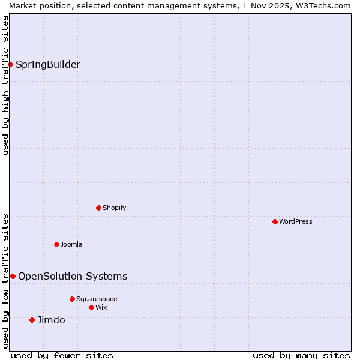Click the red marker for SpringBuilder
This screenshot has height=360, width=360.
click(10, 64)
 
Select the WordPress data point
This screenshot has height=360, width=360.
click(275, 221)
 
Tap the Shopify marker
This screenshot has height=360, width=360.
click(98, 208)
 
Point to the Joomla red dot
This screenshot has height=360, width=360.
click(56, 244)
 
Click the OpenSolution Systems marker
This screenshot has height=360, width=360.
click(13, 276)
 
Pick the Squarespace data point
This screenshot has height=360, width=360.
click(72, 299)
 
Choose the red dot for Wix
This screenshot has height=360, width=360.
click(91, 307)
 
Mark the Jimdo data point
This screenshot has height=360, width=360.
click(32, 320)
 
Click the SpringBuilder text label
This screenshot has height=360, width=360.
click(47, 65)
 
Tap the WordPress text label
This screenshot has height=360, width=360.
click(296, 221)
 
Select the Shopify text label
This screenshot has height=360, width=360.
click(114, 208)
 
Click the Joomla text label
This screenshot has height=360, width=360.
click(71, 244)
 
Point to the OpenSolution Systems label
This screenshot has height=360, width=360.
click(73, 276)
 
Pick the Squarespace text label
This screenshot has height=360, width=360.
click(97, 299)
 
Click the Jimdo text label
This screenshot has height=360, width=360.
click(51, 320)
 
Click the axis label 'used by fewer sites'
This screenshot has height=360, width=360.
click(62, 355)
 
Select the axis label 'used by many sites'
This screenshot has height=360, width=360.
click(301, 355)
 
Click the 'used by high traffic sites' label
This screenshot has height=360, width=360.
click(5, 85)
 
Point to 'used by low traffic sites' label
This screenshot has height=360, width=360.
click(5, 280)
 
